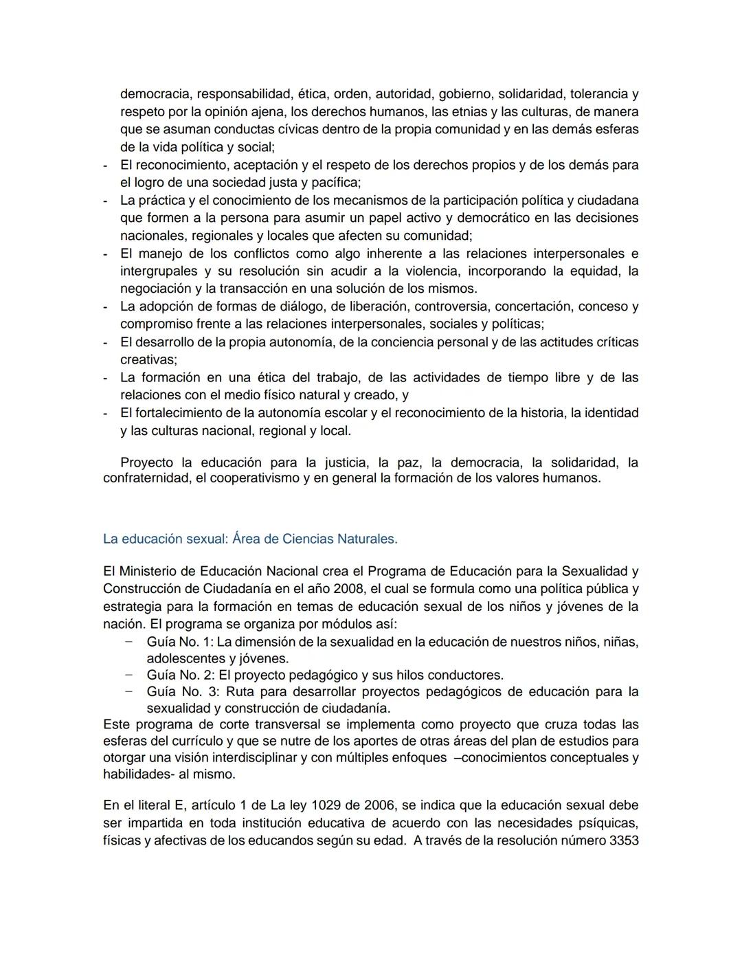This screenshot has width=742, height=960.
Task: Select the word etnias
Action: pyautogui.click(x=480, y=111)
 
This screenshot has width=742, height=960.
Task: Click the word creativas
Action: pyautogui.click(x=147, y=360)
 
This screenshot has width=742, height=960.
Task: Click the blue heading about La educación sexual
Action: pyautogui.click(x=250, y=539)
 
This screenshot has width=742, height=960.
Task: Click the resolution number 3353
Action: pyautogui.click(x=623, y=841)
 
